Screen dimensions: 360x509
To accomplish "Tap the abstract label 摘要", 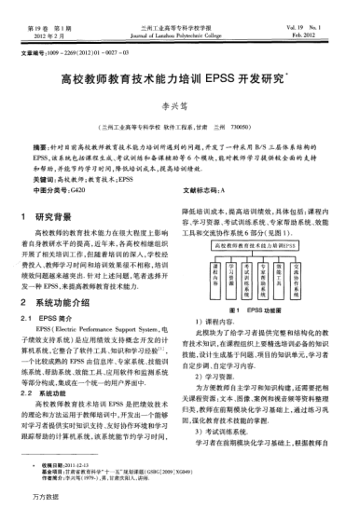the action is (43, 147).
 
